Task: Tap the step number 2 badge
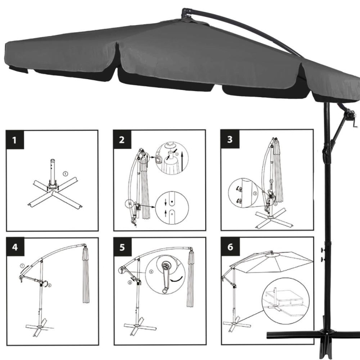coord(122,139)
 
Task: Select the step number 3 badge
coord(229,139)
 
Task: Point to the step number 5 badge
coord(122,247)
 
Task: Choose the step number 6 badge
coord(229,247)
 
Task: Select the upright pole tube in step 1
coord(51,172)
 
